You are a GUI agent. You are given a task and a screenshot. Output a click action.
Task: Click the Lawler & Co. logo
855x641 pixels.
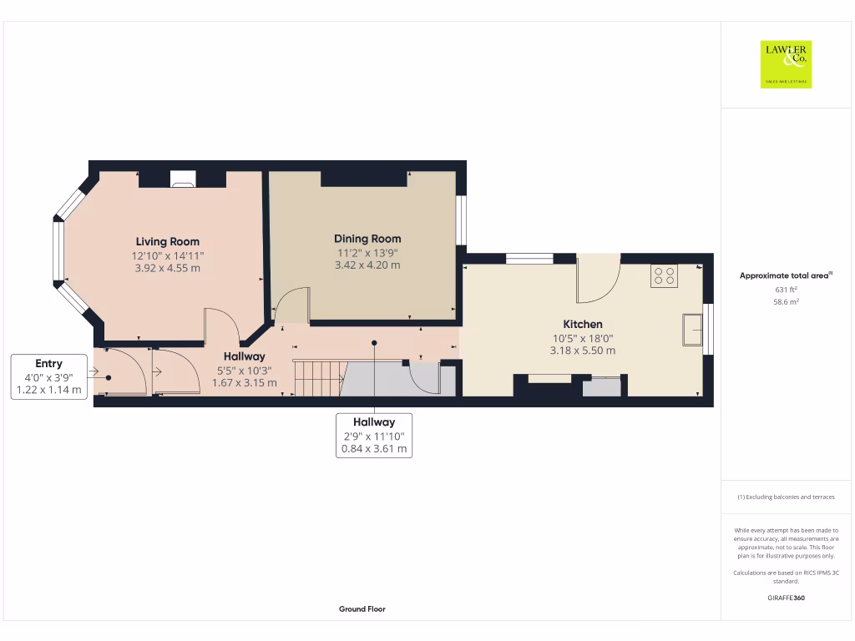[x=786, y=64]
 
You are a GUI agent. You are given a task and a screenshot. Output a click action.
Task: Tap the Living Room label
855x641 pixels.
[x=168, y=242]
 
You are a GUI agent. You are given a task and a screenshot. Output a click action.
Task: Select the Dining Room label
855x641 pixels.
[x=367, y=239]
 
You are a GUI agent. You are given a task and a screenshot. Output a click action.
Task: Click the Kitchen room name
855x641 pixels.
[x=583, y=324]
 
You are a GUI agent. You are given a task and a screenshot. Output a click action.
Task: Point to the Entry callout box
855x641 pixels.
[x=49, y=376]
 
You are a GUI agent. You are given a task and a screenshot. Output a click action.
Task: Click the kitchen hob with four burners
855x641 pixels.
[x=665, y=275]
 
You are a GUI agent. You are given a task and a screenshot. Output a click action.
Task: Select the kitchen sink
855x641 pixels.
[x=692, y=329]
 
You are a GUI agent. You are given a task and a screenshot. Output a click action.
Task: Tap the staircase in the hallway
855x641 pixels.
[x=318, y=378]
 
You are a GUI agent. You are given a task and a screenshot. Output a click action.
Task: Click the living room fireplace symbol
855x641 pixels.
[x=182, y=178]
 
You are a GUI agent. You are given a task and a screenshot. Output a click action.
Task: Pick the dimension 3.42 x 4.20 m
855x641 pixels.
[x=367, y=265]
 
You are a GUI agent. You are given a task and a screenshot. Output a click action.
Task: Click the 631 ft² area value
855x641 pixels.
[x=786, y=290]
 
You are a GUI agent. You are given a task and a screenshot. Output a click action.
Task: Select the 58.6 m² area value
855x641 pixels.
[x=786, y=302]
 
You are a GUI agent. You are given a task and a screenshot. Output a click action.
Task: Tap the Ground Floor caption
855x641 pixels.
[x=362, y=609]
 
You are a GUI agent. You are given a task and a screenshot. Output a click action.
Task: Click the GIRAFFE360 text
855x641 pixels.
[x=786, y=598]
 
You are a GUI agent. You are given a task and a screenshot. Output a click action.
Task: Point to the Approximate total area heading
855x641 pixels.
[x=786, y=275]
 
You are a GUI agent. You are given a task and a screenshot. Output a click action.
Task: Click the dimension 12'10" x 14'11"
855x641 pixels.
[x=168, y=255]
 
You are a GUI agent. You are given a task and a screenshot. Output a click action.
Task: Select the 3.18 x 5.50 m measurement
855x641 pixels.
[x=583, y=351]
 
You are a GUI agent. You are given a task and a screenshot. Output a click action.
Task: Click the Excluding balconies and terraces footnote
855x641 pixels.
[x=786, y=497]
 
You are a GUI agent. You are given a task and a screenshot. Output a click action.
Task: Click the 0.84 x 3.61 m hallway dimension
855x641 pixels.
[x=374, y=449]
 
